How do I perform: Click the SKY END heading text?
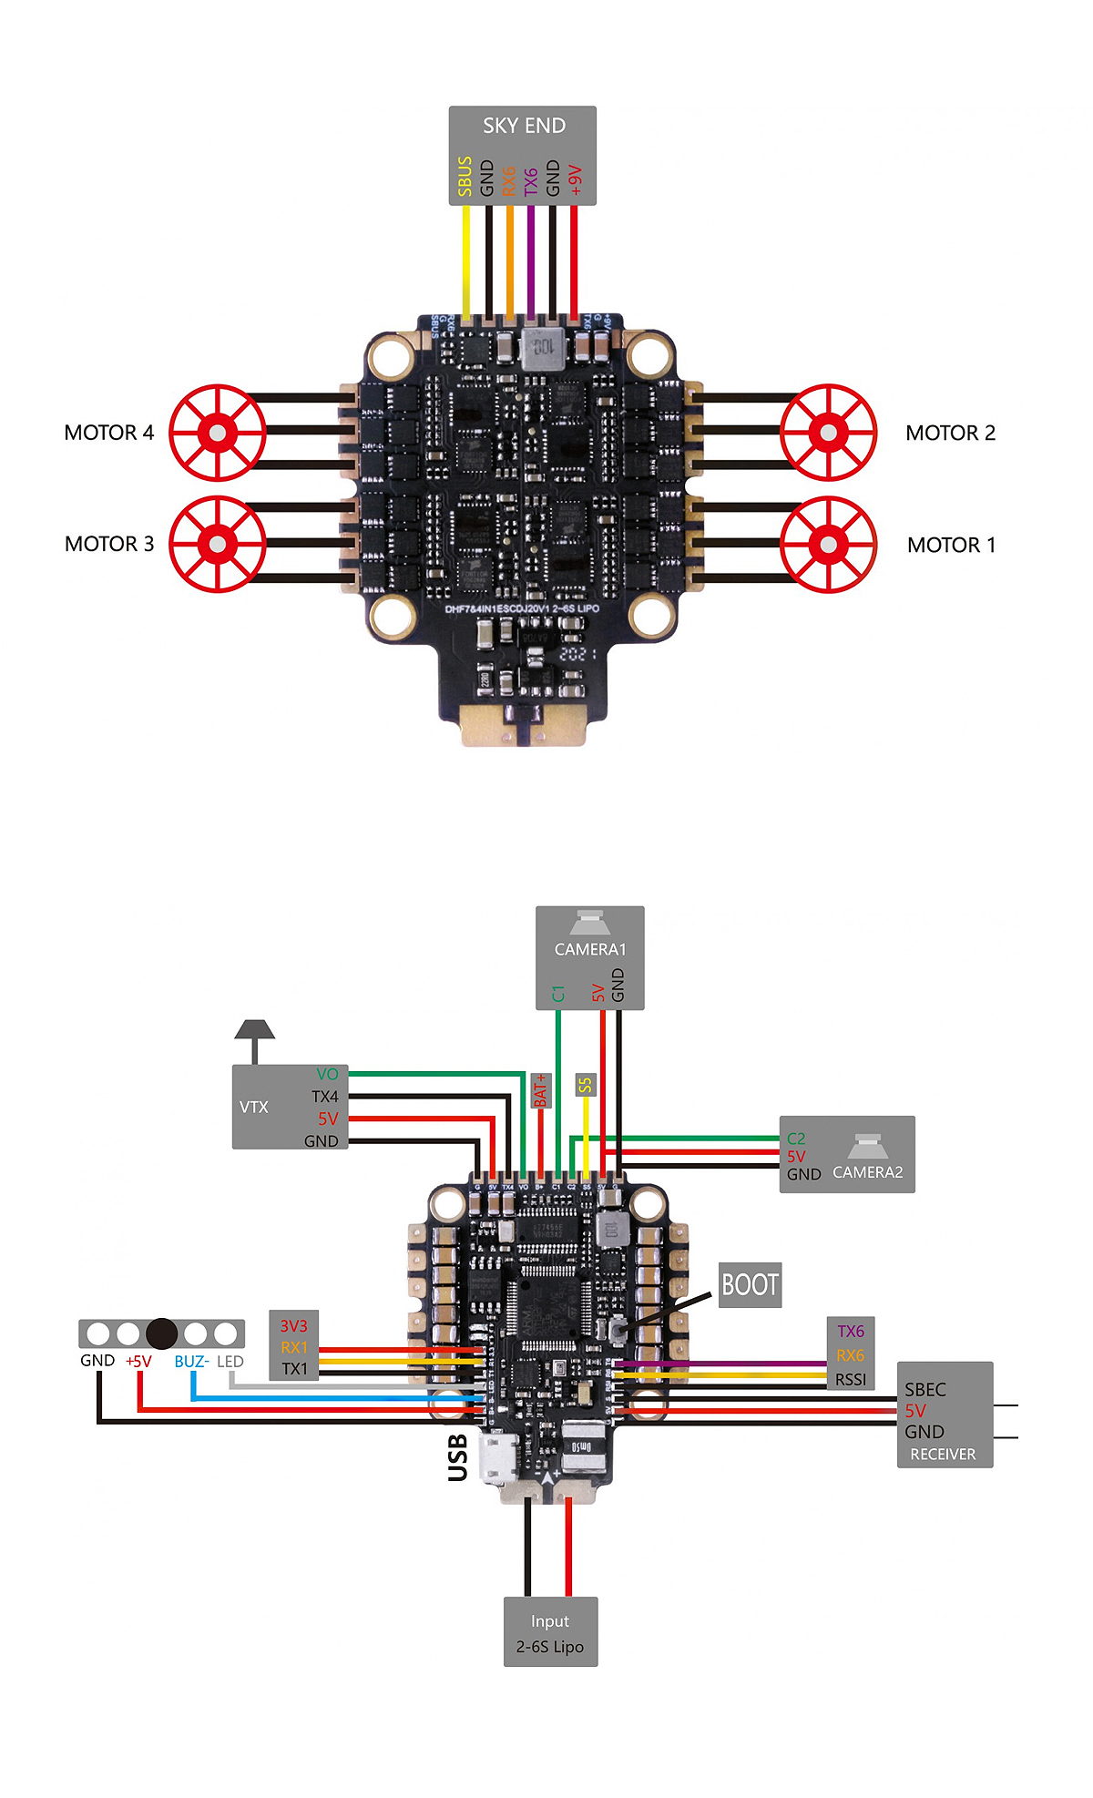coord(524,126)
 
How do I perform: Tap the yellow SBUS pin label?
coord(465,176)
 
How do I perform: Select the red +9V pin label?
coord(575,179)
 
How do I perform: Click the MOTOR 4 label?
coord(109,433)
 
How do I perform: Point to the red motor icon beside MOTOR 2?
coord(828,433)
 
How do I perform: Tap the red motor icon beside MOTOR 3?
coord(218,544)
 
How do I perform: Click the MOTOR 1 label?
coord(951,545)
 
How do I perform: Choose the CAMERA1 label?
coord(590,949)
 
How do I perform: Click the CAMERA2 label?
coord(867,1172)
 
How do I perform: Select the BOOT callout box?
coord(750,1285)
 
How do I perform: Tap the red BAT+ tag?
coord(540,1090)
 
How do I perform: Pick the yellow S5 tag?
coord(585,1085)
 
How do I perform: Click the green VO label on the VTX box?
coord(327,1075)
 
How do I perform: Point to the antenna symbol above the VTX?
coord(254,1034)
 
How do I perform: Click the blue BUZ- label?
coord(191,1362)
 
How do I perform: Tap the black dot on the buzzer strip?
coord(161,1333)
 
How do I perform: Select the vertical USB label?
coord(458,1457)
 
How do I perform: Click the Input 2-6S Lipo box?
coord(550,1633)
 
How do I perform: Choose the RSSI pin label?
coord(851,1380)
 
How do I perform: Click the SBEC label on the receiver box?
coord(924,1390)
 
